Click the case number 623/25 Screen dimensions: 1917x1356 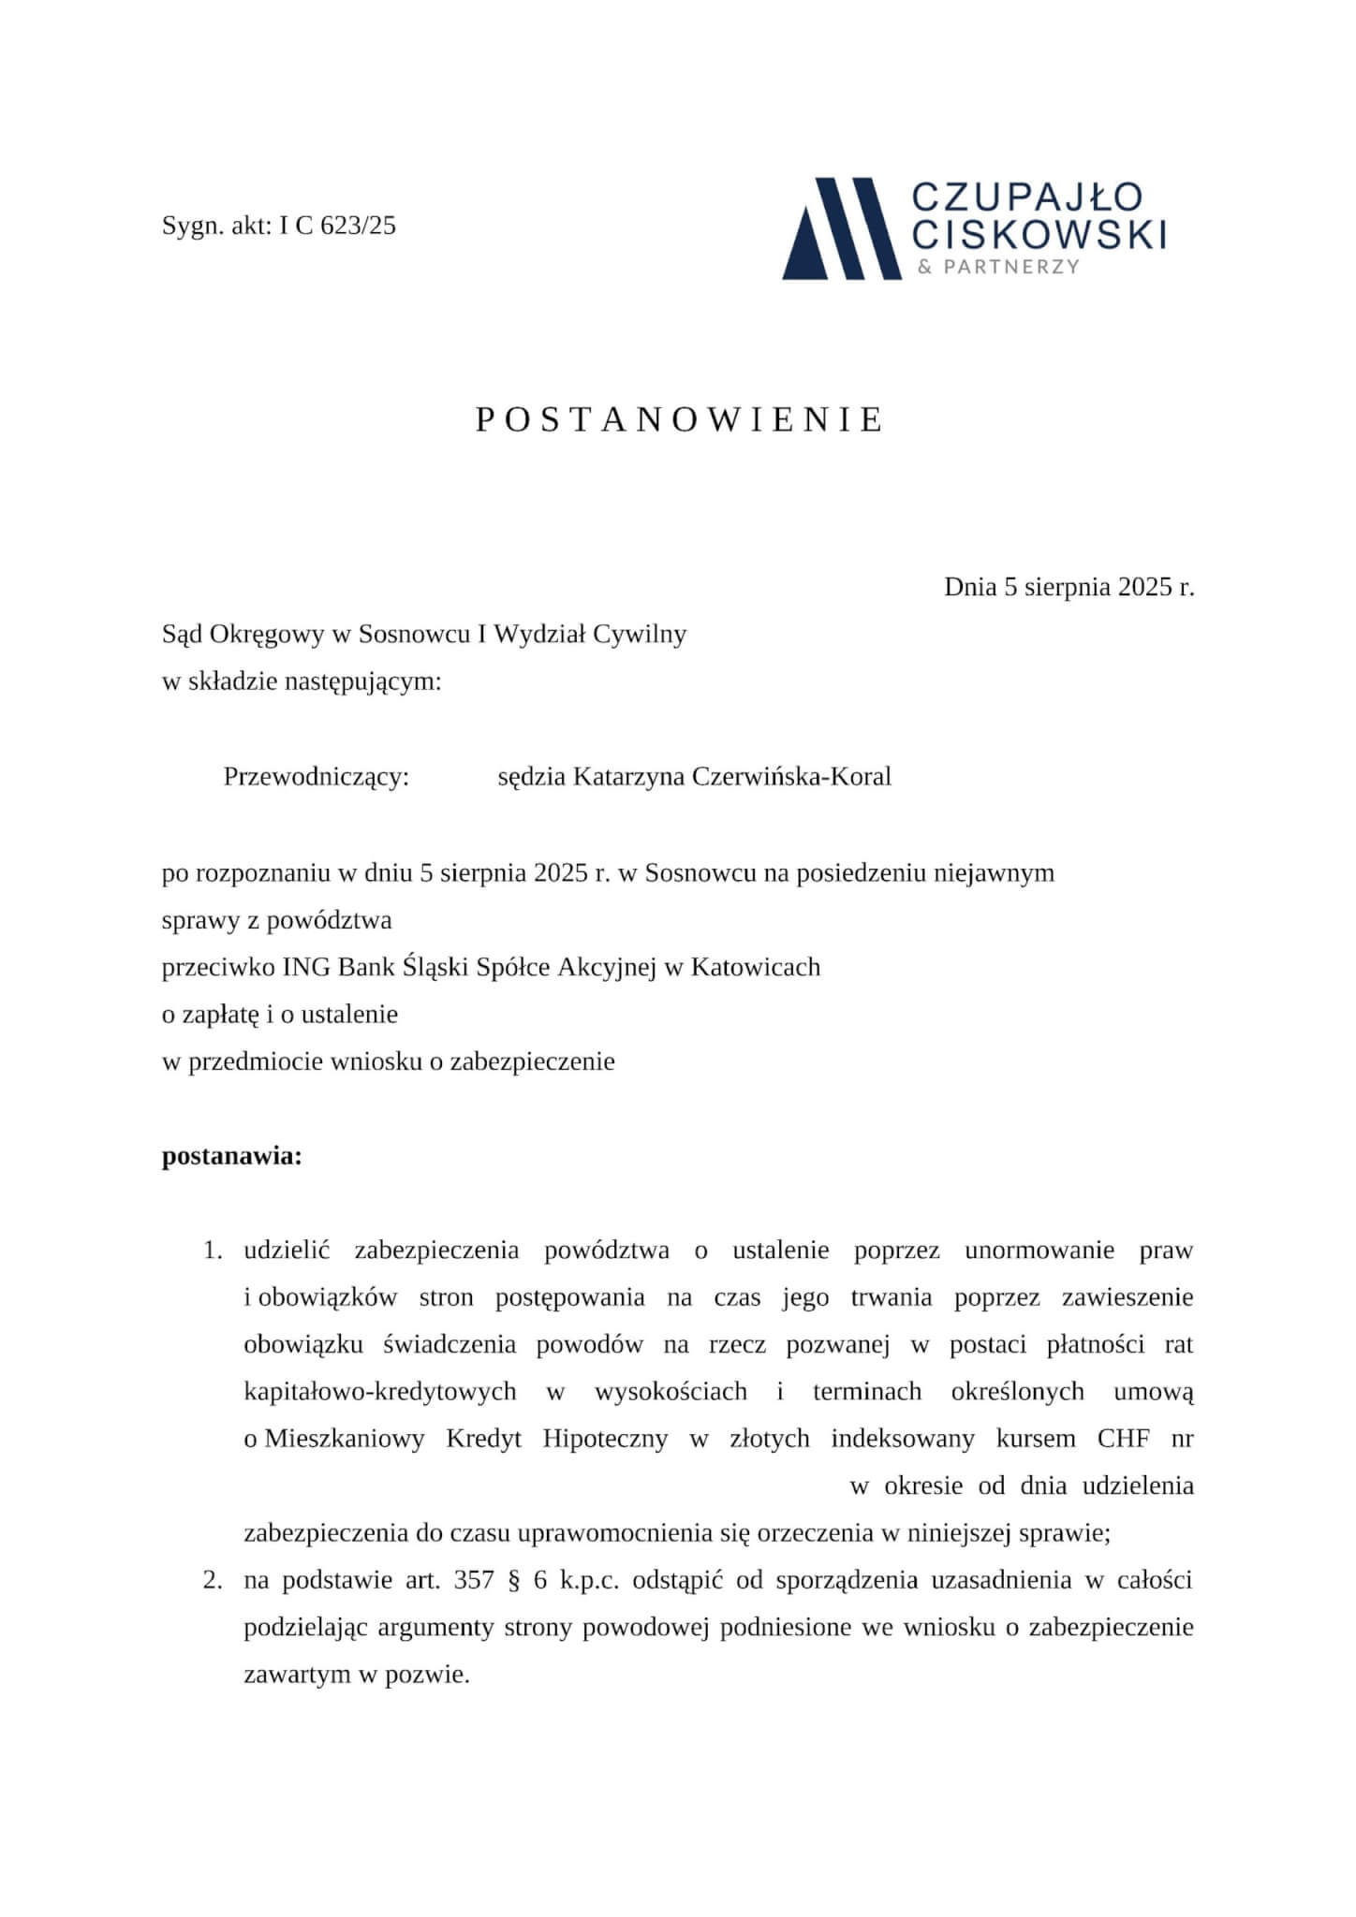pos(358,226)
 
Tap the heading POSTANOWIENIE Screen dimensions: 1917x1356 pos(678,420)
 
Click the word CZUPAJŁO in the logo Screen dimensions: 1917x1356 pos(1026,197)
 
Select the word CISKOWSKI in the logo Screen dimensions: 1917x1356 pos(1039,234)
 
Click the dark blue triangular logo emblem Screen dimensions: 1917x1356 pos(840,229)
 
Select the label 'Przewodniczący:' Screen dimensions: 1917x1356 pos(317,777)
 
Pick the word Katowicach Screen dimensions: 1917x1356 pos(755,967)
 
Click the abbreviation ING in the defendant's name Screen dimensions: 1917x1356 pos(306,967)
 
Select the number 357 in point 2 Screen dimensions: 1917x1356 pos(473,1581)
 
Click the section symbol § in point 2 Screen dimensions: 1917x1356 pos(511,1581)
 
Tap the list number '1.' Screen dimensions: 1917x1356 pos(213,1251)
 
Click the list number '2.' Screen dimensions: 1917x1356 pos(213,1581)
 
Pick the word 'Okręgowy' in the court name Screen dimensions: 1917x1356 pos(267,635)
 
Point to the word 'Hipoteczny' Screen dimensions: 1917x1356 pos(605,1439)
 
